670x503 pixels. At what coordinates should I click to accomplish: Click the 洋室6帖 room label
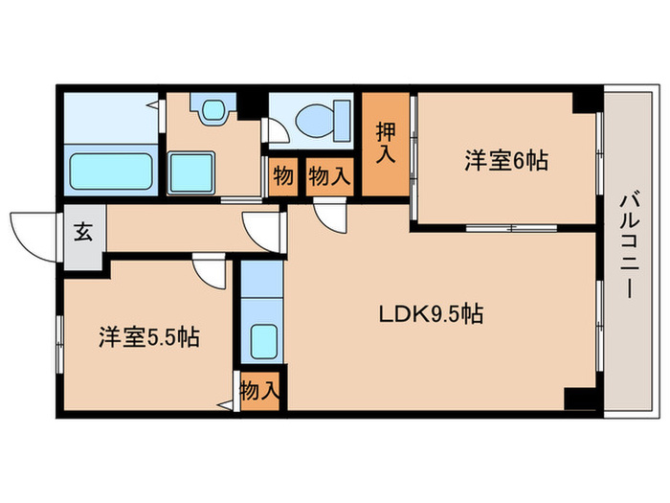pyautogui.click(x=506, y=161)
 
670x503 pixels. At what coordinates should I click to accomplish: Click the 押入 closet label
pyautogui.click(x=385, y=143)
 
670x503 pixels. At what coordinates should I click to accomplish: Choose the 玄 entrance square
pyautogui.click(x=83, y=231)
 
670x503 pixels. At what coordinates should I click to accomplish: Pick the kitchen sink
pyautogui.click(x=262, y=341)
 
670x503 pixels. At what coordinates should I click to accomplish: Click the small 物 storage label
pyautogui.click(x=282, y=176)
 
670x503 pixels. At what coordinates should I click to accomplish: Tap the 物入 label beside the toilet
pyautogui.click(x=327, y=176)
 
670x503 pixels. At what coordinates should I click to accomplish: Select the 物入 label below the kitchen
pyautogui.click(x=259, y=391)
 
